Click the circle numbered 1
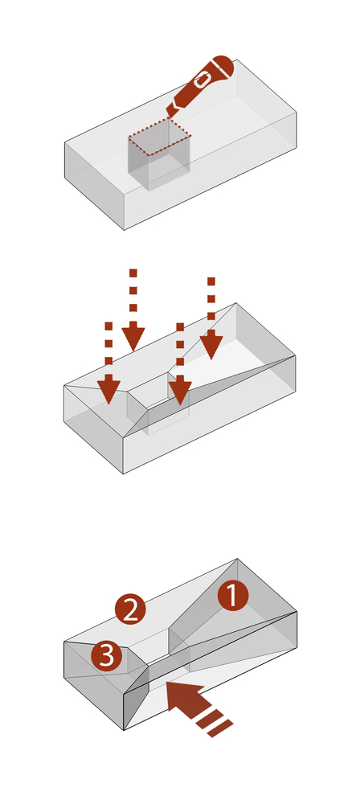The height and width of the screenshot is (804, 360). pos(233,596)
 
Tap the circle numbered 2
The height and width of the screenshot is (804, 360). pos(130,609)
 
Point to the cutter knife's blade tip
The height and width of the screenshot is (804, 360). pos(167,117)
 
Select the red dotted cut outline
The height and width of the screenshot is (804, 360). pos(159,136)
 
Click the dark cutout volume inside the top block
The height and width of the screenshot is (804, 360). pos(159,154)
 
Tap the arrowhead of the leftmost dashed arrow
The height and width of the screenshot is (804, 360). pos(108,392)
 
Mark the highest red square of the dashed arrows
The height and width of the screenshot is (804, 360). pos(133,272)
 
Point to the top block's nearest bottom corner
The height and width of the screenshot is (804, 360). pos(124,230)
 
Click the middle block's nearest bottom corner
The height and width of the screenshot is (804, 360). pos(123,474)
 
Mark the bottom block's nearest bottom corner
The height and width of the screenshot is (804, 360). pos(124,730)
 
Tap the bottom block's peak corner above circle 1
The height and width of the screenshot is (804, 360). pos(237,559)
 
